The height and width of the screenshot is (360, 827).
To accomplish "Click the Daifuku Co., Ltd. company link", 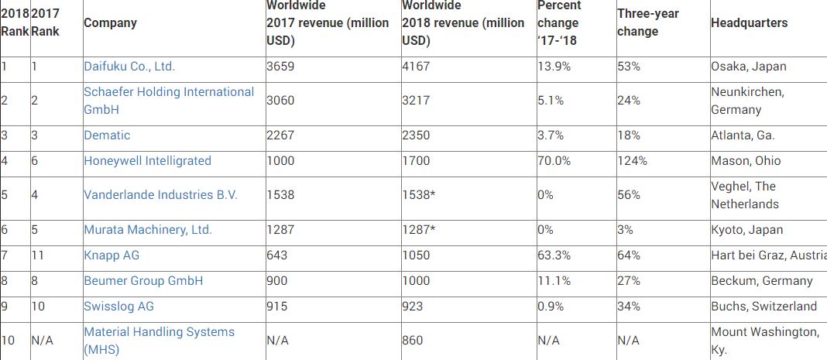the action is (x=129, y=67).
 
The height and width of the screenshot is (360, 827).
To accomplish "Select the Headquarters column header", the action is (x=749, y=22).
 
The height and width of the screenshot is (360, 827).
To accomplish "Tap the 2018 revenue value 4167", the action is (x=416, y=67).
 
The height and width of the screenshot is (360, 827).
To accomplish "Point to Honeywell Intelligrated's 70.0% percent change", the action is (x=554, y=161).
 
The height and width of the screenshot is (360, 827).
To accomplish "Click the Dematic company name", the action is (x=107, y=135).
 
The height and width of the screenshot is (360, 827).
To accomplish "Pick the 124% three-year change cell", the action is (x=633, y=161).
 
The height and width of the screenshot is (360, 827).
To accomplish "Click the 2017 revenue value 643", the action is (x=277, y=255).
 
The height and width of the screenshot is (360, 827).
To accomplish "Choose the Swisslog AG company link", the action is (x=118, y=307).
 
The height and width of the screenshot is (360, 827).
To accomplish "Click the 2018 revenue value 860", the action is (x=413, y=341).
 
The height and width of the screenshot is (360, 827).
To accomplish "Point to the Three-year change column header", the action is (x=647, y=22).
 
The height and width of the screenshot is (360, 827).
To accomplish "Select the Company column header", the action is (x=110, y=23).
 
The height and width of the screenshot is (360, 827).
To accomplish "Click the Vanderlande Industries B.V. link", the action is (x=161, y=194).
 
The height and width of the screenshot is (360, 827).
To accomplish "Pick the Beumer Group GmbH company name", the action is (x=143, y=281).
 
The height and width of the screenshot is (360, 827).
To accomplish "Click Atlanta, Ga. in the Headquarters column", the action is (x=743, y=135).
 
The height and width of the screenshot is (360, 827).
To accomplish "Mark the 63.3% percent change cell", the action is (x=554, y=255).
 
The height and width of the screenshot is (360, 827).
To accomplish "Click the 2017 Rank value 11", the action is (x=37, y=255).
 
